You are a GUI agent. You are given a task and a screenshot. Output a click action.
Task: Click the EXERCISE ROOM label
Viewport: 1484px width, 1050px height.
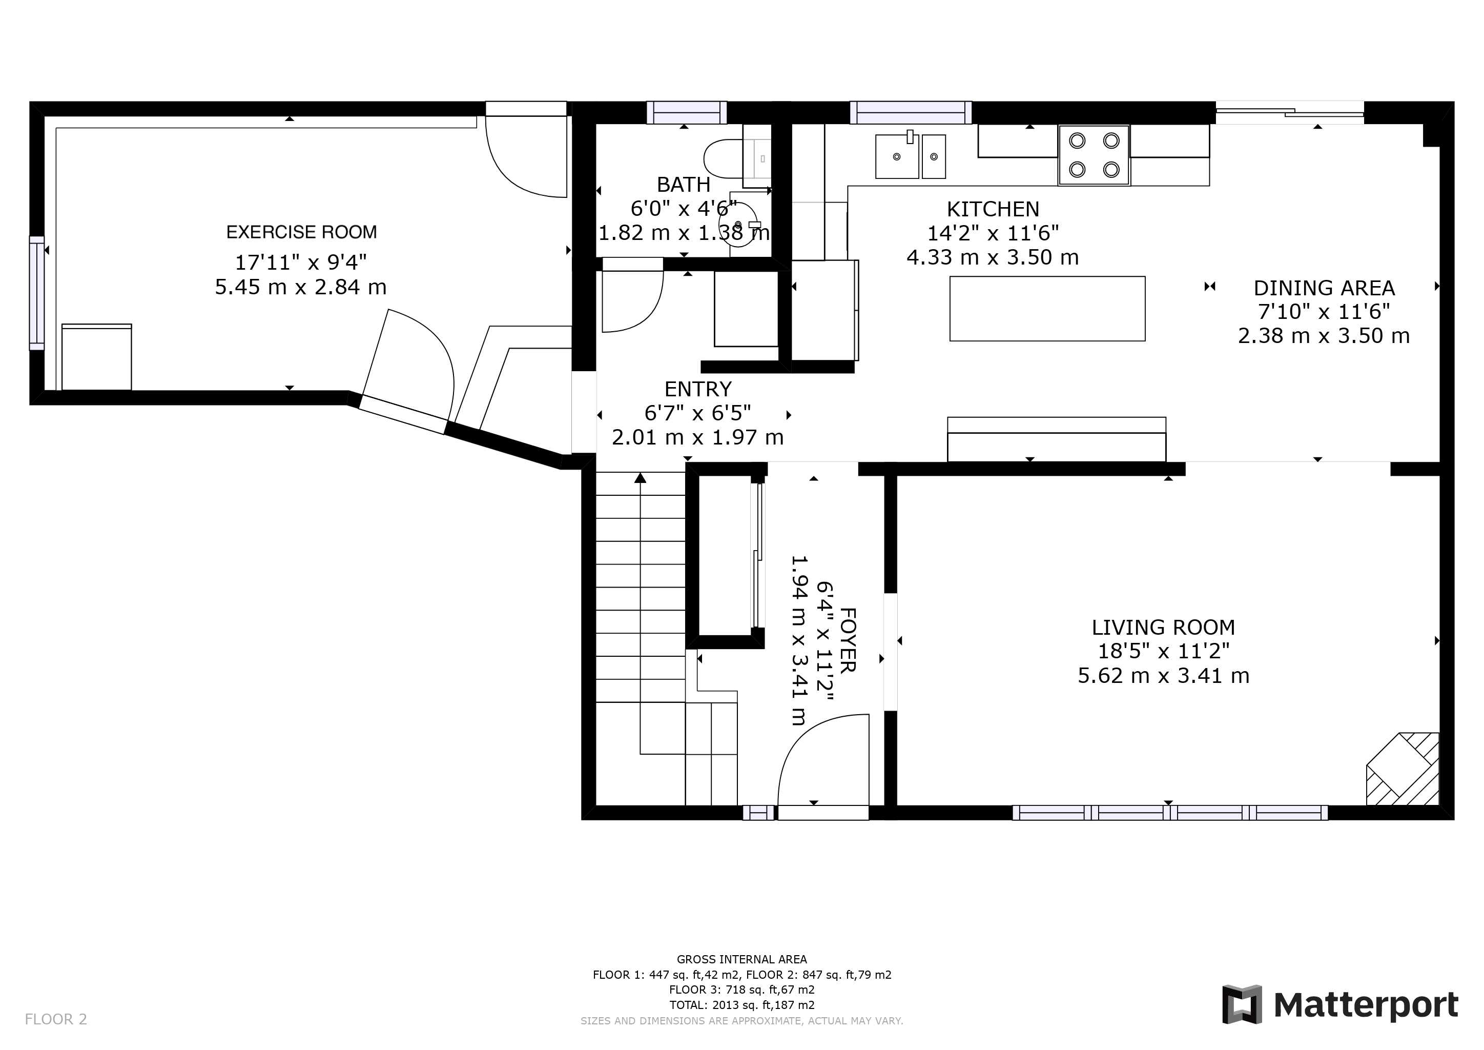click(x=301, y=232)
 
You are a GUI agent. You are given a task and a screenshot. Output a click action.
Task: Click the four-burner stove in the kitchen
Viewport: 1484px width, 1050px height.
click(x=1094, y=155)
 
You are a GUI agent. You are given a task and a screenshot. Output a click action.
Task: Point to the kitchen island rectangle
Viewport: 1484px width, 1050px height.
click(x=1047, y=309)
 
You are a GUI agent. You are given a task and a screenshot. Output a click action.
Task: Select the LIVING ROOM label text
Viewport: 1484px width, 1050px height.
click(x=1163, y=627)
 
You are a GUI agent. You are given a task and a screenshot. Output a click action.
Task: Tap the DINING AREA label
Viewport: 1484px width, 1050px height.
click(x=1324, y=288)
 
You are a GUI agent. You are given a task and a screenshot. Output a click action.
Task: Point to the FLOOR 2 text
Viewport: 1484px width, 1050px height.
click(x=55, y=1020)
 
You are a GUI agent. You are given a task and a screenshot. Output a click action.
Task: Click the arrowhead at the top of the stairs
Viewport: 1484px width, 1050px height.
click(x=640, y=478)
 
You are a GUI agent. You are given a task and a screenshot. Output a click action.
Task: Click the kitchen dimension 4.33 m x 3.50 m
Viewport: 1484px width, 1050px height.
click(x=993, y=257)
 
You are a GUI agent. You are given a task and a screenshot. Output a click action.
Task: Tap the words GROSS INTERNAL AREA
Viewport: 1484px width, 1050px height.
click(x=742, y=959)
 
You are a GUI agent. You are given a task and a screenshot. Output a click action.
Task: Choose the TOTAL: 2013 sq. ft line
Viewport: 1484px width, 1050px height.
click(x=742, y=1005)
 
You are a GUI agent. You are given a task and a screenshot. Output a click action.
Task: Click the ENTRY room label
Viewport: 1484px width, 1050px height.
click(x=698, y=389)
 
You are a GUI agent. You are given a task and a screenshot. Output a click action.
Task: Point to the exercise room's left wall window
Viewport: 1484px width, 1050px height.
click(x=37, y=293)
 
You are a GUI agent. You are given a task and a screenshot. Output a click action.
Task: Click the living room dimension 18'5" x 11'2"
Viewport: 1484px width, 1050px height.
click(x=1163, y=651)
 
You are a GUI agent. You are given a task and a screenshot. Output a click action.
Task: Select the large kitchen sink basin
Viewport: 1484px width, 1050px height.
click(x=897, y=156)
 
